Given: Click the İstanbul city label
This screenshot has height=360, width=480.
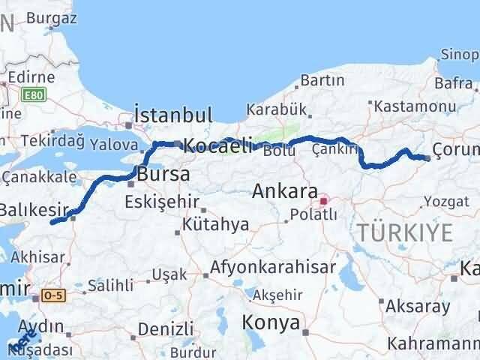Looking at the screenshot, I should (173, 115).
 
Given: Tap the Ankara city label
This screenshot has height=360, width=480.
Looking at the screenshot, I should (285, 190).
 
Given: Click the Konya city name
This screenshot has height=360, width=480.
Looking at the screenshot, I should (271, 322).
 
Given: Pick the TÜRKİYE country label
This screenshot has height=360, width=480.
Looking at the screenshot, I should (405, 232).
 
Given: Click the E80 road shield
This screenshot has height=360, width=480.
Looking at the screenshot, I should (33, 95).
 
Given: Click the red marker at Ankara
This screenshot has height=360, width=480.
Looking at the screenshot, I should (324, 201).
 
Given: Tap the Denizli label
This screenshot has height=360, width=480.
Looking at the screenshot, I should (166, 328).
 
